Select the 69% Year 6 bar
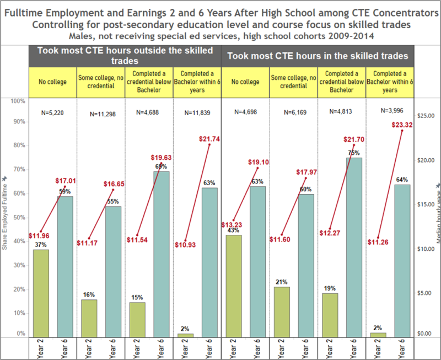tap(160, 254)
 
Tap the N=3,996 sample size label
tap(389, 111)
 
